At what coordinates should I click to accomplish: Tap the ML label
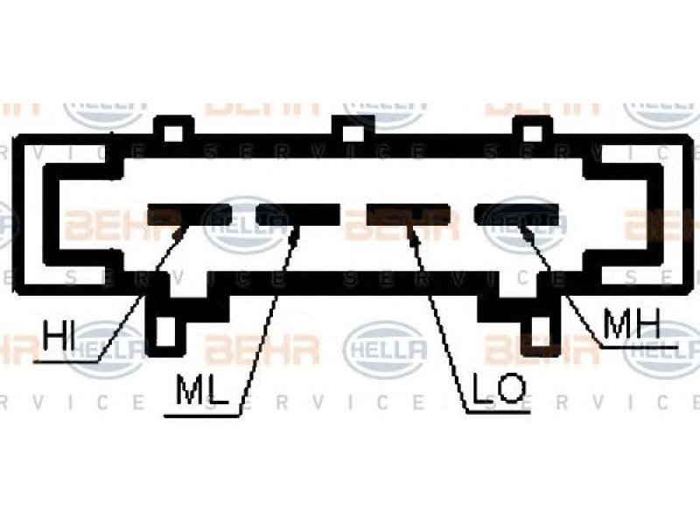point(201,391)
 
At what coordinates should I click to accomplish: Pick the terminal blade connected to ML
point(297,213)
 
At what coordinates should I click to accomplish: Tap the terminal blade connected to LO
point(412,214)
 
